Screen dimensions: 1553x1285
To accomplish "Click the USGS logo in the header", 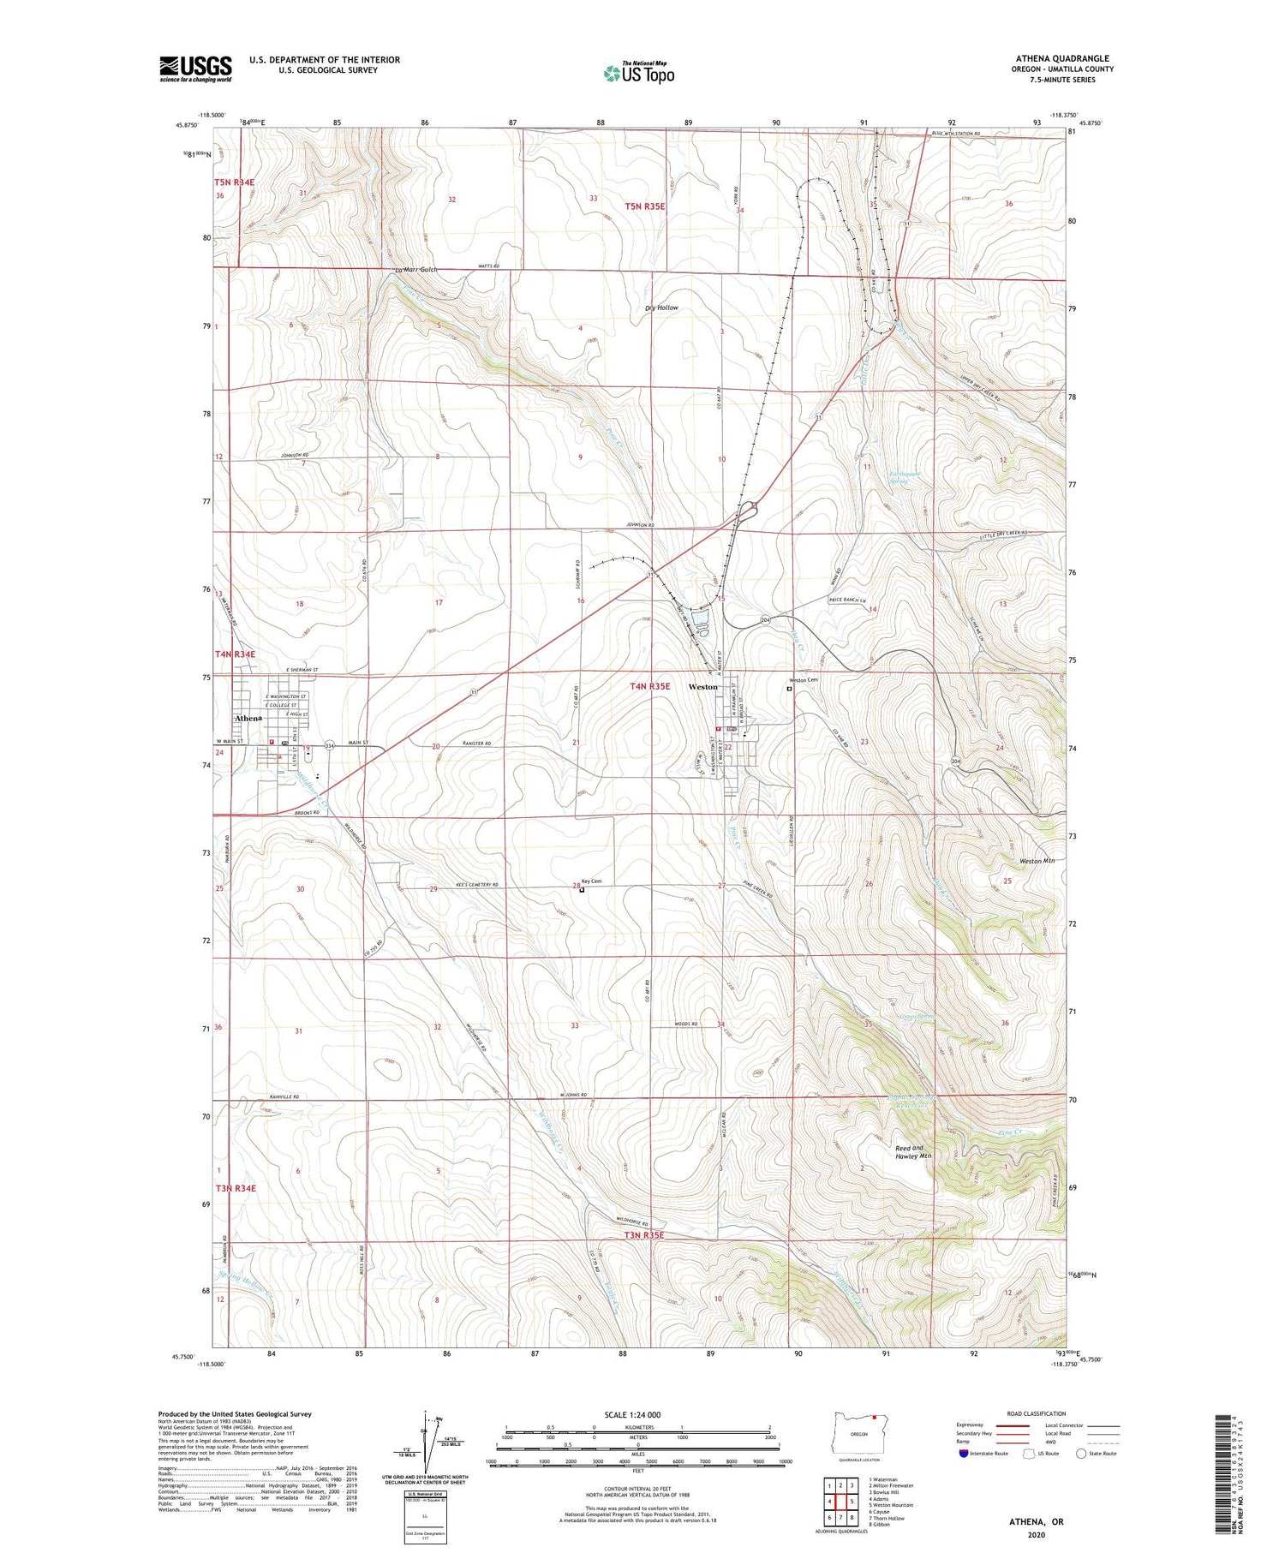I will (195, 69).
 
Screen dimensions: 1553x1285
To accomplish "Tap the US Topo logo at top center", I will (639, 74).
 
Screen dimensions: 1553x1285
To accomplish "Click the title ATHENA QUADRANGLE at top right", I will (1062, 58).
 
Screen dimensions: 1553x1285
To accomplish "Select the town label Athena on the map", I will (248, 718).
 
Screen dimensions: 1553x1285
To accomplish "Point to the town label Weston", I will (703, 687).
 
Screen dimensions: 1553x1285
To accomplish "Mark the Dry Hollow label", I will (661, 308).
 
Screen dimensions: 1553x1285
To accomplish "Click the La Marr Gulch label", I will (415, 270).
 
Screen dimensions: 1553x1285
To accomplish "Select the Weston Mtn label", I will (1037, 861).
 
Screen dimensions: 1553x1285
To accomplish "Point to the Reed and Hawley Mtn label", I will (913, 1151).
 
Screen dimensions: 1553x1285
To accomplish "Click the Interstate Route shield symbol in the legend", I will (964, 1453).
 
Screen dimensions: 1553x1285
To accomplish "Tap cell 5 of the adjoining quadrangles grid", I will (852, 1502).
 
